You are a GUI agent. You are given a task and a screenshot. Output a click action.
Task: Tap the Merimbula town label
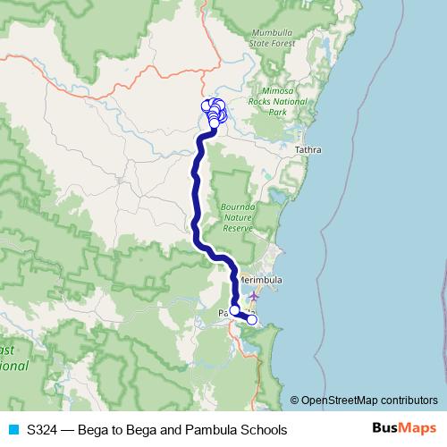pos(261,280)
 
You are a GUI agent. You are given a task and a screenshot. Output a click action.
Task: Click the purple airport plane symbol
pos(255,294)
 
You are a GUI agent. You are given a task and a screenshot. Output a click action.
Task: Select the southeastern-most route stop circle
pos(252,319)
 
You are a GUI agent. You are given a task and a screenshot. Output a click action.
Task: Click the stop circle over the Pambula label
pos(234,310)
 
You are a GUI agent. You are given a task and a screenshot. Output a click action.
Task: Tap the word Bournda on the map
pos(238,207)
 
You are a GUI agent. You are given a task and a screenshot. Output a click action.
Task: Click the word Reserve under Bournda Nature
pos(240,228)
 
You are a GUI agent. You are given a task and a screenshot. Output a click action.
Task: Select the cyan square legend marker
pos(13,430)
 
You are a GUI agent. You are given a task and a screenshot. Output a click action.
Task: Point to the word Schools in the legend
pos(266,430)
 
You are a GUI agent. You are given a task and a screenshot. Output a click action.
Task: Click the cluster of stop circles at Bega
pos(215,112)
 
